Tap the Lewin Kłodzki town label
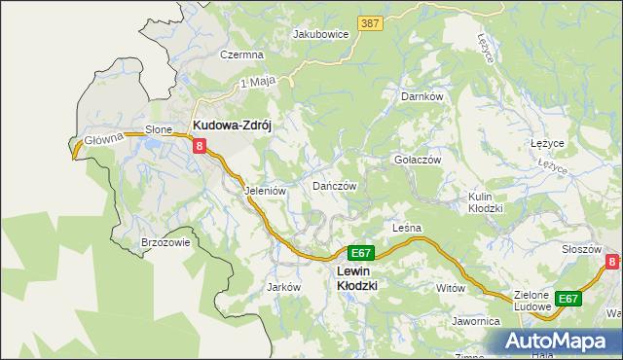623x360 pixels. [356, 278]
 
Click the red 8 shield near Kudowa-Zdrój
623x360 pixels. [200, 146]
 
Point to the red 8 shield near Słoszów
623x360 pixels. [611, 262]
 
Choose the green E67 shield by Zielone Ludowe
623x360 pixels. [568, 299]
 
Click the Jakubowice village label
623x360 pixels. [320, 33]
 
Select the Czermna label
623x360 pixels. [241, 55]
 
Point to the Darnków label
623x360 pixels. [421, 97]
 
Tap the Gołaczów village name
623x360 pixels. [418, 160]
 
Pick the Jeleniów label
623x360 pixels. [265, 191]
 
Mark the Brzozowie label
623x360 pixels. [165, 243]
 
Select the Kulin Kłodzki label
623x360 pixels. [485, 202]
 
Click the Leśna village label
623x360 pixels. [406, 228]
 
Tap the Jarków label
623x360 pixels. [282, 287]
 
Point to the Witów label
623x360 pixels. [451, 288]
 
